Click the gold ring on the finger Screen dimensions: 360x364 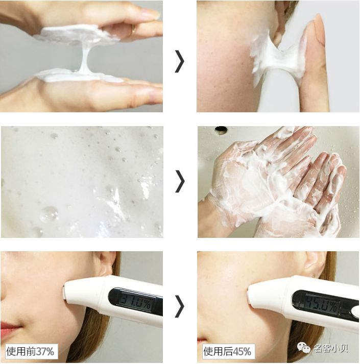pyautogui.click(x=133, y=29)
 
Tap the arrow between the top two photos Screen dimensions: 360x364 pyautogui.click(x=179, y=61)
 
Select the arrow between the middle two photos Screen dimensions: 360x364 pyautogui.click(x=180, y=181)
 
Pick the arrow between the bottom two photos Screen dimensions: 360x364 pyautogui.click(x=179, y=306)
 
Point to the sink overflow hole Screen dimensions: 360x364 pyautogui.click(x=221, y=130)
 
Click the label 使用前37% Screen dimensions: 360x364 pyautogui.click(x=30, y=351)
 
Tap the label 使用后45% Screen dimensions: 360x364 pyautogui.click(x=228, y=351)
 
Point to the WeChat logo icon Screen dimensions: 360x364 pyautogui.click(x=303, y=348)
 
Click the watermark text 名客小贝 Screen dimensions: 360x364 pyautogui.click(x=331, y=348)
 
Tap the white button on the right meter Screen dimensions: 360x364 pyautogui.click(x=355, y=310)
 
